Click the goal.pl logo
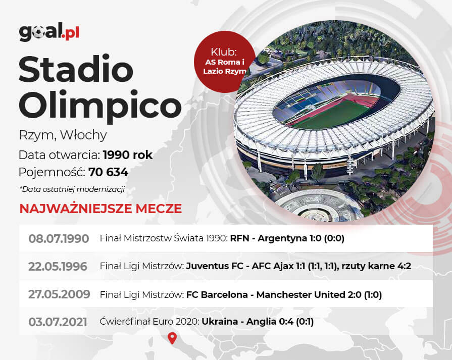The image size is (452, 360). [x=49, y=32]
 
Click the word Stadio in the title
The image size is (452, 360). [x=76, y=69]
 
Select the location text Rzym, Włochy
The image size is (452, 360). [x=63, y=135]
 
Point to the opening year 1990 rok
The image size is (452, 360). [x=127, y=155]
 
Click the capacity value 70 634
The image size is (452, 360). [x=109, y=172]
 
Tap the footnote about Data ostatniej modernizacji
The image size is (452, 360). [x=72, y=189]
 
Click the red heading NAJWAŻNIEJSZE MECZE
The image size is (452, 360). [x=101, y=209]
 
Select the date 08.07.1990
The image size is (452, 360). [x=59, y=239]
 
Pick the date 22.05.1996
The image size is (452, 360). [x=58, y=266]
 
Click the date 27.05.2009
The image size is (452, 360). [x=59, y=294]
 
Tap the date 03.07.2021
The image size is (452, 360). [x=58, y=322]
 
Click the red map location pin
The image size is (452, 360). [x=172, y=338]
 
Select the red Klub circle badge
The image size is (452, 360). [x=225, y=62]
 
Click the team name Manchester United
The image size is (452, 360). [x=300, y=294]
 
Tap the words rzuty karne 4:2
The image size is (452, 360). [x=376, y=266]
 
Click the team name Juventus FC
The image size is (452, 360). [x=215, y=266]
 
